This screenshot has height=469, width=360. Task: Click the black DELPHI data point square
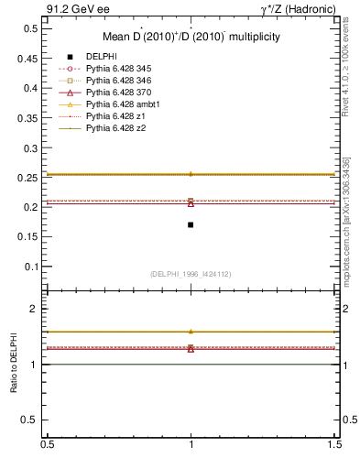[191, 224]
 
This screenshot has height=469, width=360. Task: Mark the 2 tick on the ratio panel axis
[35, 309]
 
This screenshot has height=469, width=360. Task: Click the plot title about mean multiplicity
[191, 38]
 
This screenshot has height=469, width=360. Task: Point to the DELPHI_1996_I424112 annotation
[191, 274]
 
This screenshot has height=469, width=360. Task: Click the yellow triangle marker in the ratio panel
[191, 332]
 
